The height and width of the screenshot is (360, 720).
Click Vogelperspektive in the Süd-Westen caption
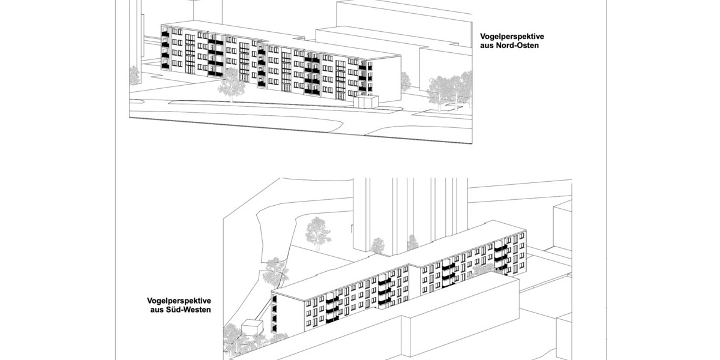[178, 301]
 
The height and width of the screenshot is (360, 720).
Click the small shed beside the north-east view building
[365, 103]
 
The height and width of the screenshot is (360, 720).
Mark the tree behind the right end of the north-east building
[405, 81]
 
